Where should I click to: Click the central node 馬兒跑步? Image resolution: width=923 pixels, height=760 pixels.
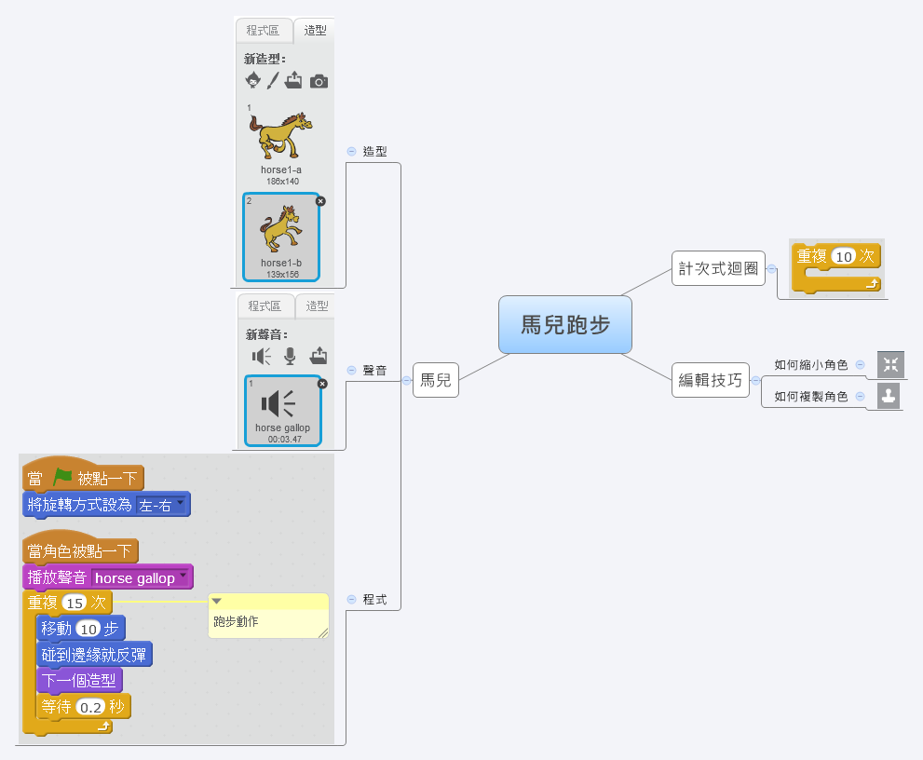tap(564, 325)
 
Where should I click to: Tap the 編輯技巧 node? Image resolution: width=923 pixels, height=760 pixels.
tap(711, 380)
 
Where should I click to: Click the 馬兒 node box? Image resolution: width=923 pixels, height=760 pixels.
tap(436, 379)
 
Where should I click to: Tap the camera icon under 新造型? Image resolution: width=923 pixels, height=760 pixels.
tap(319, 82)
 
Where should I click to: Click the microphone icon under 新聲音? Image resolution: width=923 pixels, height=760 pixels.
tap(291, 356)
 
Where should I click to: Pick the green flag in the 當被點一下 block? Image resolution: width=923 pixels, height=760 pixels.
tap(62, 478)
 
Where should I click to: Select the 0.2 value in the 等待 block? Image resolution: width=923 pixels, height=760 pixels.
tap(90, 707)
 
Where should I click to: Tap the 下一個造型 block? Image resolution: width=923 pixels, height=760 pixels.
tap(79, 681)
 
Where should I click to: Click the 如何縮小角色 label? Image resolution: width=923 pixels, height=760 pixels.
tap(810, 365)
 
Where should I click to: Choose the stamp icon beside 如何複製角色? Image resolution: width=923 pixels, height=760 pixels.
tap(890, 396)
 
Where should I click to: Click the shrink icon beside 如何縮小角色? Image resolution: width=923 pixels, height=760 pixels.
tap(890, 364)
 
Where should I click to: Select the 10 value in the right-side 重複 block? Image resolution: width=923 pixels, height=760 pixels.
tap(844, 256)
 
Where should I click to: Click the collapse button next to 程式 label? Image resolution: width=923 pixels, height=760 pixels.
tap(351, 599)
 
